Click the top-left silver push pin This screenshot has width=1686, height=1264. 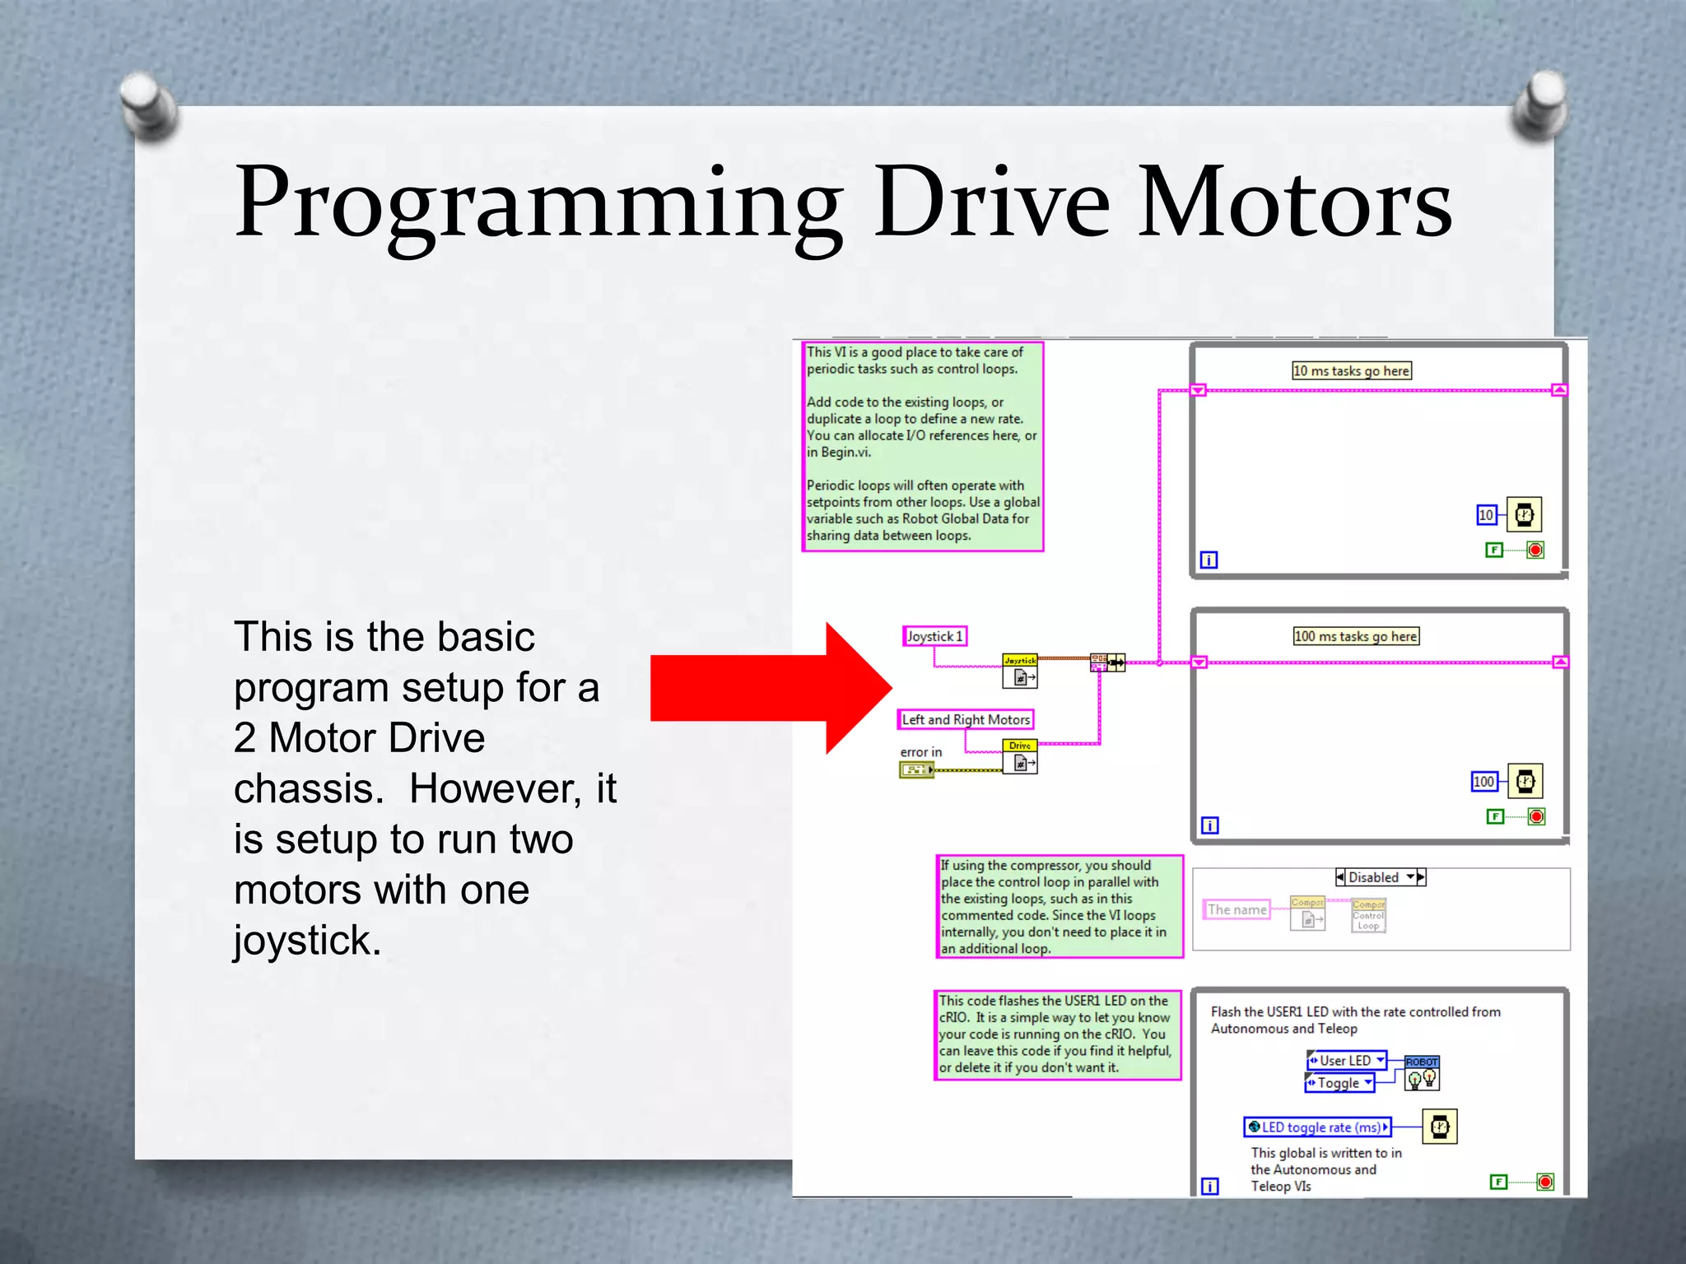148,105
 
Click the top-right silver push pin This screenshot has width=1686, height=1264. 1539,103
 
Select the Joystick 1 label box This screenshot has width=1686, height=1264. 934,636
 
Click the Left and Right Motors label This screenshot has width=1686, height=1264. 965,720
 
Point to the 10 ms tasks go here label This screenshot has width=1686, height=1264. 1351,371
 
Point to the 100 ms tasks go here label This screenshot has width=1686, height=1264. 1355,636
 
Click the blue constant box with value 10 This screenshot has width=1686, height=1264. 1486,515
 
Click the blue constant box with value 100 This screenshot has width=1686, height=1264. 1483,782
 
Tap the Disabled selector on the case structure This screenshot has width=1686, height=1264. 1380,877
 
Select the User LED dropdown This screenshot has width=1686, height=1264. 1346,1061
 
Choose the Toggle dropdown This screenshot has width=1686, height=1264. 1339,1083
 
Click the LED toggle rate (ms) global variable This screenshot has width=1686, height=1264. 1316,1127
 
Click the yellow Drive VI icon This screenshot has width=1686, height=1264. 1020,756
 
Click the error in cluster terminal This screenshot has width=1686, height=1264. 916,770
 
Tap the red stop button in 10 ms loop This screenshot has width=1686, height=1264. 1535,550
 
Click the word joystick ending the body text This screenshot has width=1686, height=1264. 306,940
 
